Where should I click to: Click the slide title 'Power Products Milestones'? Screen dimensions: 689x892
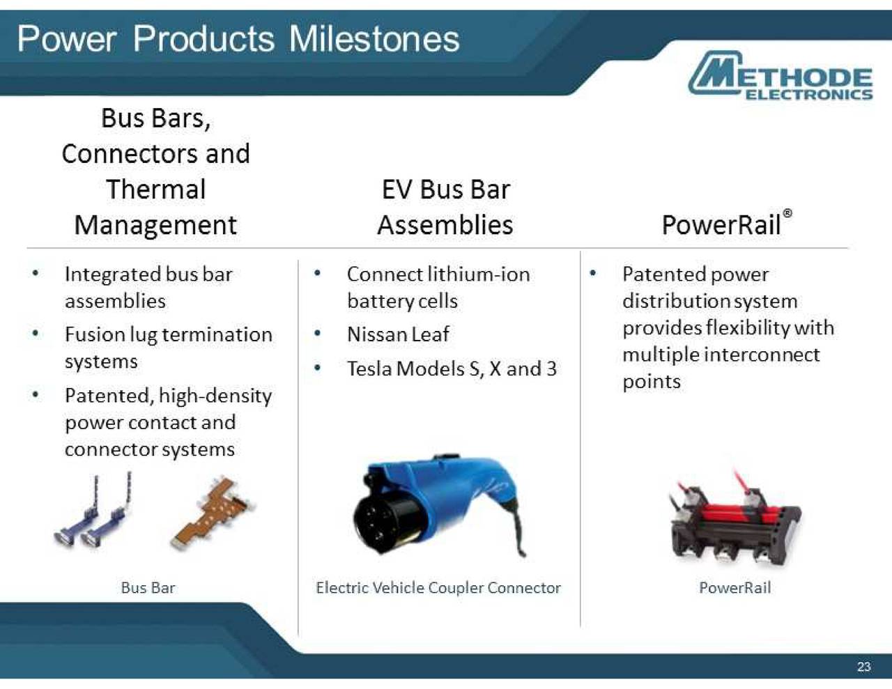(x=238, y=38)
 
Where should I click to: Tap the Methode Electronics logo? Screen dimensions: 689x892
(x=780, y=76)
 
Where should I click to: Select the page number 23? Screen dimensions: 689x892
(x=863, y=667)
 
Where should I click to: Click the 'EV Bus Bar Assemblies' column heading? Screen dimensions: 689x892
(x=445, y=207)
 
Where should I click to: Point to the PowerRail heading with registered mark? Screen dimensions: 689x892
(x=725, y=224)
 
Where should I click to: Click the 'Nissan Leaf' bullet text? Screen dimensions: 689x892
(x=398, y=334)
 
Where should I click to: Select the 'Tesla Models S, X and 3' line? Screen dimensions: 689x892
(x=452, y=369)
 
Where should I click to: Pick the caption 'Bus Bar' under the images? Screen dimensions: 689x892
(x=148, y=588)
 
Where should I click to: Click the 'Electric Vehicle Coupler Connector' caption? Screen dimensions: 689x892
(x=438, y=588)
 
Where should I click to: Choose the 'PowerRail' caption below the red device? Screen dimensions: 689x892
(x=735, y=588)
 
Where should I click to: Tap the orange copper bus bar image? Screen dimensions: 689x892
(x=213, y=512)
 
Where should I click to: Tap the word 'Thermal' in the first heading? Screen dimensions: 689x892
(x=155, y=189)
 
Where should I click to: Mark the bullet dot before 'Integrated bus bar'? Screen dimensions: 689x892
(x=35, y=273)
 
